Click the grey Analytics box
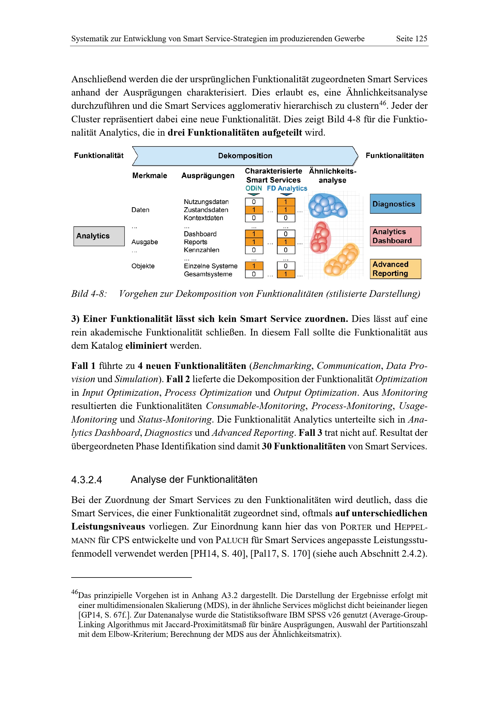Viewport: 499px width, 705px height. pyautogui.click(x=99, y=236)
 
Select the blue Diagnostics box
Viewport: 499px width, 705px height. pyautogui.click(x=395, y=204)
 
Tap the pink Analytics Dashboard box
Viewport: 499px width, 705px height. pyautogui.click(x=395, y=236)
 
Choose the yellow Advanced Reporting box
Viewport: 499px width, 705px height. pyautogui.click(x=395, y=269)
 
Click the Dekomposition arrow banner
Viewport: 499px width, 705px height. pyautogui.click(x=245, y=156)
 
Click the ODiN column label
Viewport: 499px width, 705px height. pyautogui.click(x=253, y=188)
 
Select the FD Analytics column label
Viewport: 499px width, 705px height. pyautogui.click(x=287, y=188)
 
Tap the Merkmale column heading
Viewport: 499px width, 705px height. pyautogui.click(x=150, y=176)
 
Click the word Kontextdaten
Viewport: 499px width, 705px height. pyautogui.click(x=203, y=218)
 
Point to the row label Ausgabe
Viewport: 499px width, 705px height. pyautogui.click(x=145, y=242)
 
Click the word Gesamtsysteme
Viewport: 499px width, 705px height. pyautogui.click(x=208, y=274)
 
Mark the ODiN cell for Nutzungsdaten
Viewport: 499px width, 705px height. pyautogui.click(x=254, y=202)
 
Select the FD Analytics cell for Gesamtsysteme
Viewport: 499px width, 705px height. pyautogui.click(x=286, y=274)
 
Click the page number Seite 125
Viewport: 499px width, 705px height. pyautogui.click(x=412, y=39)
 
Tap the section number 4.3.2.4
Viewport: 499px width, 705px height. pyautogui.click(x=86, y=480)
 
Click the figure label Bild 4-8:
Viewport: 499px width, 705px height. pyautogui.click(x=89, y=294)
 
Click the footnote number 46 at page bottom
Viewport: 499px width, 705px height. pyautogui.click(x=75, y=592)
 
